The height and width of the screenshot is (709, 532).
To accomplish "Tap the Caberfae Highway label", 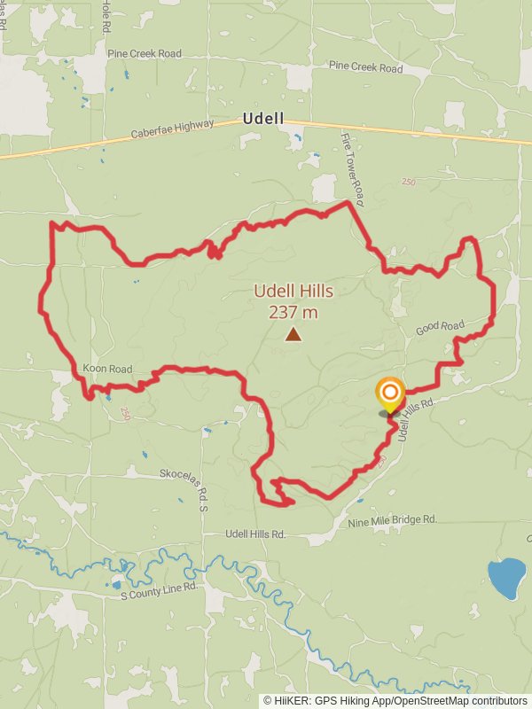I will pyautogui.click(x=172, y=129).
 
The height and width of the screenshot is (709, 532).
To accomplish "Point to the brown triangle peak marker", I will pyautogui.click(x=293, y=334).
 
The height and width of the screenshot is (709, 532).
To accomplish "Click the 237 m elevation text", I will pyautogui.click(x=293, y=312).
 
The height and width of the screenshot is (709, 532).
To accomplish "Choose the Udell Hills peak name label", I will pyautogui.click(x=293, y=291).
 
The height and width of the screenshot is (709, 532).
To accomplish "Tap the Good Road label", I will pyautogui.click(x=441, y=328).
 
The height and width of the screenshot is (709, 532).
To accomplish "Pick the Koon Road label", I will pyautogui.click(x=107, y=369).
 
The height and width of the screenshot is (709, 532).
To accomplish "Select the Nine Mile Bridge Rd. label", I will pyautogui.click(x=393, y=520).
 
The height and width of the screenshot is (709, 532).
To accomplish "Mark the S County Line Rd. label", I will pyautogui.click(x=160, y=590).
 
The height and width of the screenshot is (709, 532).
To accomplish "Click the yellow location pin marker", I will pyautogui.click(x=390, y=394).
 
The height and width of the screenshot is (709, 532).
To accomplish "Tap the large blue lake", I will pyautogui.click(x=506, y=578).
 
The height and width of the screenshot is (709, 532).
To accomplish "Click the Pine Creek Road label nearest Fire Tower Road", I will pyautogui.click(x=365, y=67).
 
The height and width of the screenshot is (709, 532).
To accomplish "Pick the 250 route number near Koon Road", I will pyautogui.click(x=125, y=413).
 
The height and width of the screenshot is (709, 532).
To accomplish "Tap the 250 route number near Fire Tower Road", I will pyautogui.click(x=408, y=182).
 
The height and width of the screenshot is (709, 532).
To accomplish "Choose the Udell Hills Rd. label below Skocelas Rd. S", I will pyautogui.click(x=255, y=534).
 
